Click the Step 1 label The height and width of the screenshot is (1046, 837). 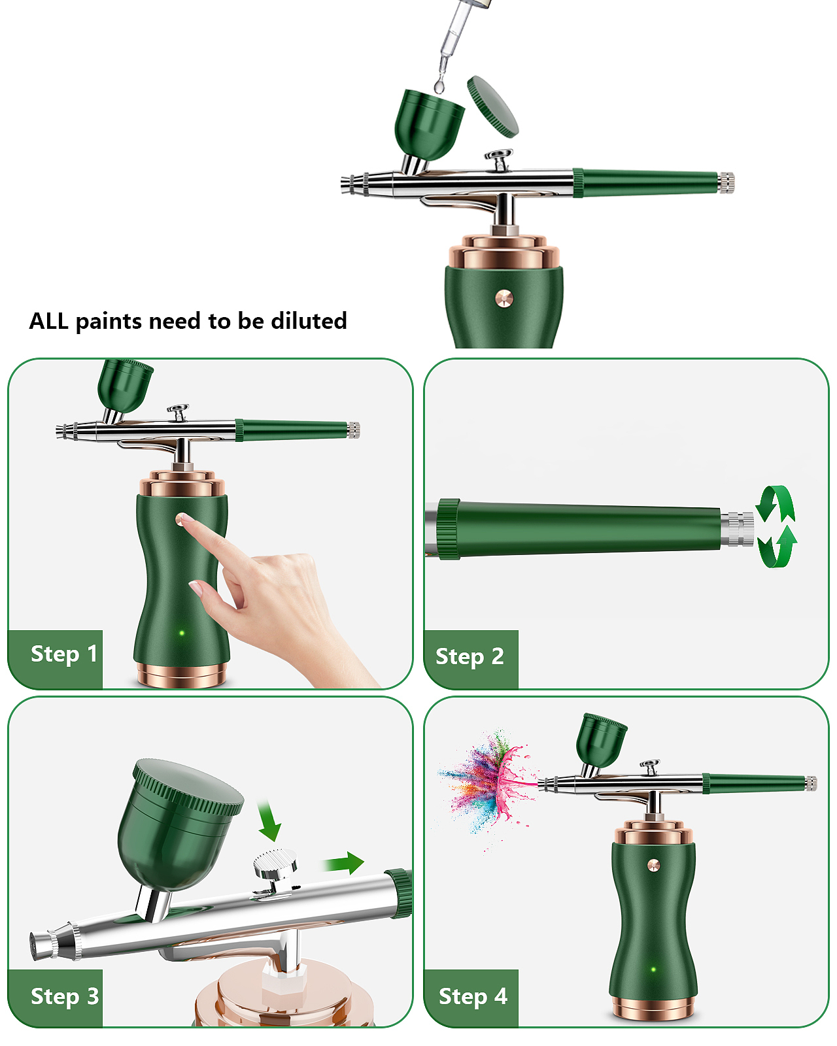tap(63, 654)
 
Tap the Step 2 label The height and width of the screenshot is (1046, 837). tap(470, 656)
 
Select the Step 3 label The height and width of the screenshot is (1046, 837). tap(65, 996)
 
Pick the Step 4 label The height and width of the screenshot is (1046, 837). tap(473, 996)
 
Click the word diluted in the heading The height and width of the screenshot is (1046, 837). tap(309, 321)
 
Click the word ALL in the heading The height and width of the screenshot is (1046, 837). tap(48, 321)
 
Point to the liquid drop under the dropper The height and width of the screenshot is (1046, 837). tap(439, 86)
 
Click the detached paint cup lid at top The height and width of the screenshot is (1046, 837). tap(492, 107)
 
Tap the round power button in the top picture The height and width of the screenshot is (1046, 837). tap(504, 299)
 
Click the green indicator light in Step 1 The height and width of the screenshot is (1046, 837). tap(182, 633)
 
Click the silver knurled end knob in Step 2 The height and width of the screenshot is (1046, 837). tap(738, 530)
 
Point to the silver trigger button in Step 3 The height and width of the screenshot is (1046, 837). tap(275, 864)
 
